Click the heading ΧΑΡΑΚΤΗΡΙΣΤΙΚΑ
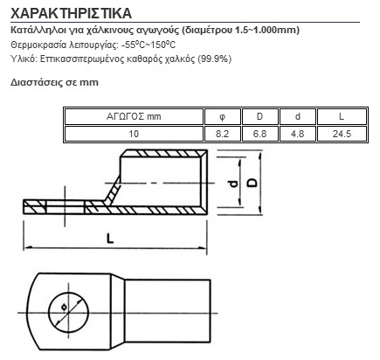click(71, 13)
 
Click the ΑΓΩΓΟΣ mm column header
click(134, 116)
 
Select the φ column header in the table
click(222, 117)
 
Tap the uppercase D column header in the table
click(259, 116)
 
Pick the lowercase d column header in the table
click(297, 116)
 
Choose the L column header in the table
click(342, 116)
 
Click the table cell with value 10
click(134, 134)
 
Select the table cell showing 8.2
click(223, 134)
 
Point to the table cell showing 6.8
click(259, 134)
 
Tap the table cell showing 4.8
click(297, 134)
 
